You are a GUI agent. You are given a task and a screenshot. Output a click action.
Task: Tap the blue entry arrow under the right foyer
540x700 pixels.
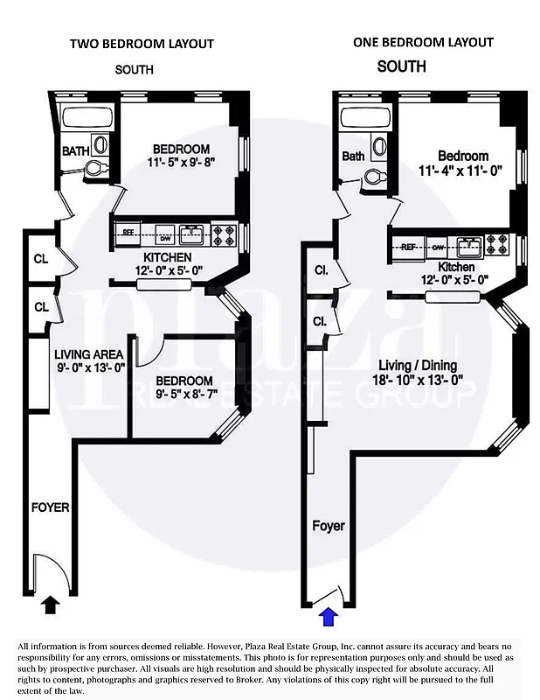coord(328,617)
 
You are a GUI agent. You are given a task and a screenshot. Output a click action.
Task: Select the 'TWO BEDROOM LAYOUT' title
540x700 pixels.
coord(142,44)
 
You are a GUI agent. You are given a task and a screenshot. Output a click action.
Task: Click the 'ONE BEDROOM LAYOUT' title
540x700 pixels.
coord(423,42)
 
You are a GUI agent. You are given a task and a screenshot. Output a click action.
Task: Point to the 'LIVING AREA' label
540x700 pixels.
coord(89,353)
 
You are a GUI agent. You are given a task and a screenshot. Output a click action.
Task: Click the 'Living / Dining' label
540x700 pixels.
coord(418,365)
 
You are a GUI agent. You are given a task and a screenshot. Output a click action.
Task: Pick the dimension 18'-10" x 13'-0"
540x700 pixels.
coord(417,380)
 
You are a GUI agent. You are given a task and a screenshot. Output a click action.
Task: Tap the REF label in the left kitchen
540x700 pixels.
coord(128,233)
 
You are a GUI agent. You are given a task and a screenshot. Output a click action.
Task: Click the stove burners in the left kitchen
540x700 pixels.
coord(224,234)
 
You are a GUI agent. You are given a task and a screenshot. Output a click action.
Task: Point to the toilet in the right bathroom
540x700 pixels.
coord(374,177)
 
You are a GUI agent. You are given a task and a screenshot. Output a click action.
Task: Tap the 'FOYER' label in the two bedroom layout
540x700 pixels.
coord(51,507)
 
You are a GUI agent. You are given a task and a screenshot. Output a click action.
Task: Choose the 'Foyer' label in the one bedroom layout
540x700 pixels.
coord(329,526)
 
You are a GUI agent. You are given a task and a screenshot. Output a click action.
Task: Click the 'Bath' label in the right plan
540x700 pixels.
coord(353,157)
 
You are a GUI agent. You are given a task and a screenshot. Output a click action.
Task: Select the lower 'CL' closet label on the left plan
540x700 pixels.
coord(40,307)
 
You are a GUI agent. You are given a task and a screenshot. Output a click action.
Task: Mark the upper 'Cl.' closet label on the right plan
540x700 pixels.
coord(321,271)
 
